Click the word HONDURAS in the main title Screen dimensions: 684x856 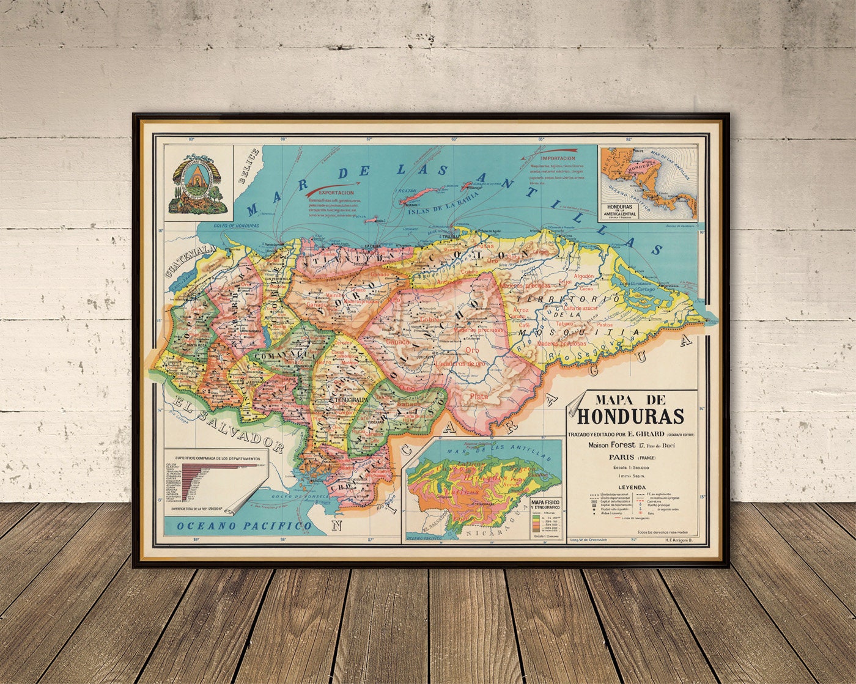point(630,416)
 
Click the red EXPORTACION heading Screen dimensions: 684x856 point(328,191)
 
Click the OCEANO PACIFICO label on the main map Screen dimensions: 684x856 point(243,526)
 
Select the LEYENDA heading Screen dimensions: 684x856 point(632,487)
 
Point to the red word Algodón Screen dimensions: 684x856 point(583,276)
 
